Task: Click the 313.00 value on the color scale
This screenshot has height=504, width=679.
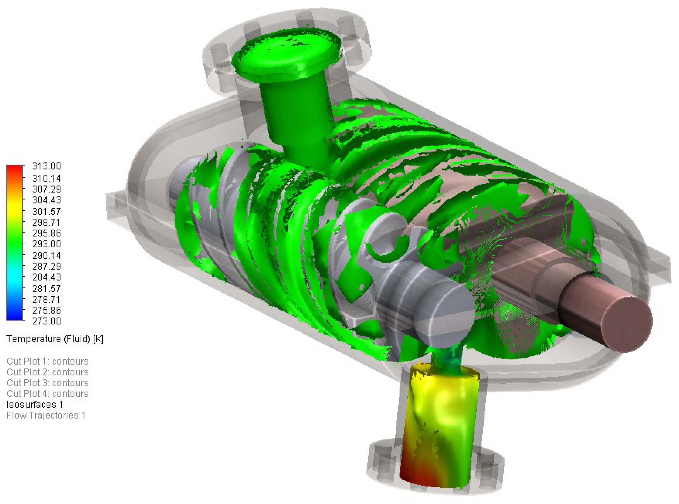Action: tap(46, 166)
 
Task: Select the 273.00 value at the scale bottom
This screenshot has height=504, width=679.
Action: tap(46, 321)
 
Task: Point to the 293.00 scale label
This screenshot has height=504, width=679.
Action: tap(46, 244)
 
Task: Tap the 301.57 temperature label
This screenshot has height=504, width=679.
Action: tap(46, 211)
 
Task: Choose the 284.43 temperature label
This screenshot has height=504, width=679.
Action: tap(46, 277)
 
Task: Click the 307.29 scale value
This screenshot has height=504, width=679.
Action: tap(46, 189)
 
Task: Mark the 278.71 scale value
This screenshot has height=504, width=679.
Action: tap(46, 299)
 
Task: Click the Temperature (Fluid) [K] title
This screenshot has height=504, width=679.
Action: tap(55, 339)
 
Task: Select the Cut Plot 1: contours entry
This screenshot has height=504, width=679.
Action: tap(48, 361)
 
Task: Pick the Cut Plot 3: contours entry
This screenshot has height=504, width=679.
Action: tap(48, 383)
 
